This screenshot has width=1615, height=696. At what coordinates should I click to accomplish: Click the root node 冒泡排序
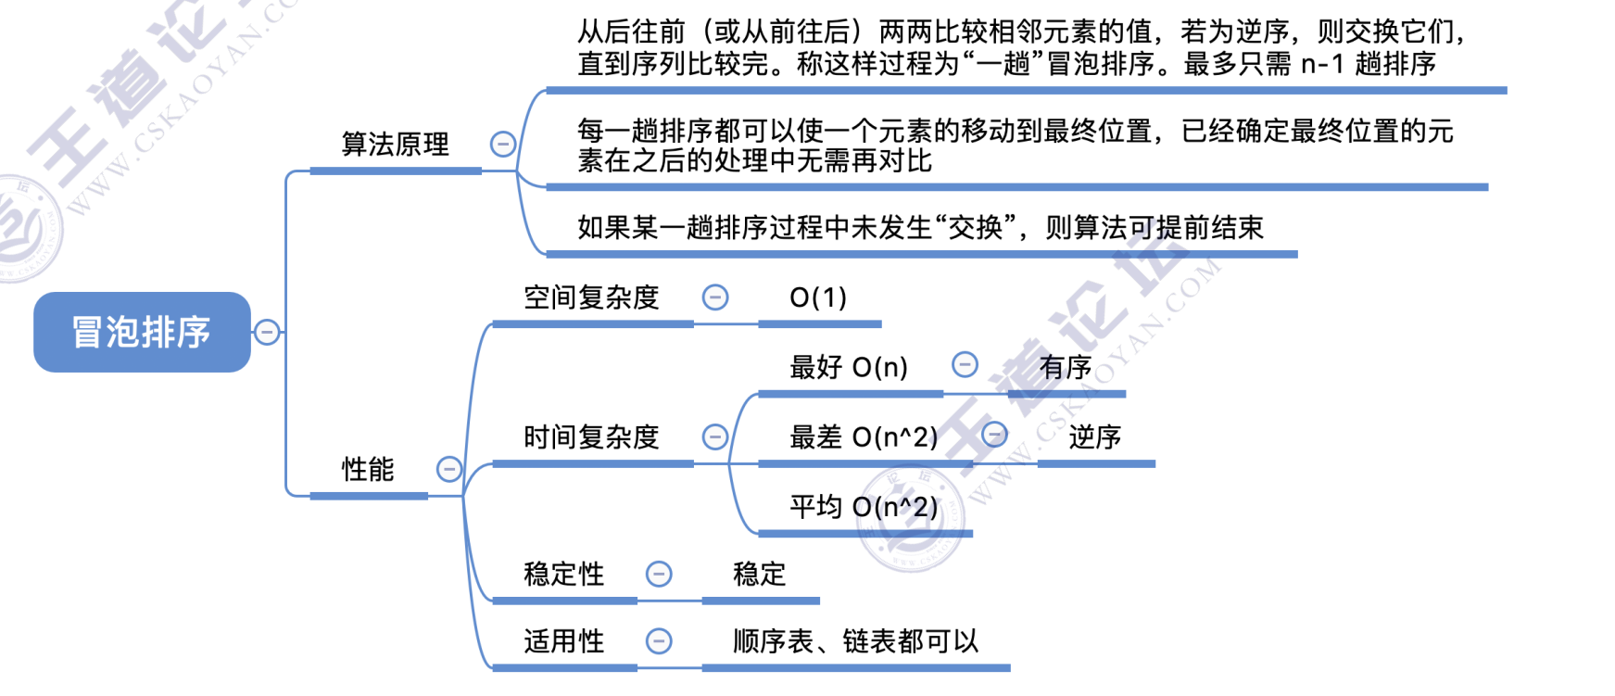click(x=142, y=332)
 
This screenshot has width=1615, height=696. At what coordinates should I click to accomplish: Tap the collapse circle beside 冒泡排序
click(x=267, y=332)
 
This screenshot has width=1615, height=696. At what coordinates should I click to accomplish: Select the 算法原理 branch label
click(x=396, y=145)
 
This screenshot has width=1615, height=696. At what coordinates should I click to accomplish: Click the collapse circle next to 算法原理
click(x=503, y=144)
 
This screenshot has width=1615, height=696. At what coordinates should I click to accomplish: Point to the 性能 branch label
click(x=368, y=470)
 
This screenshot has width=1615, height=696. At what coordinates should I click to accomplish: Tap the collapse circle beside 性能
click(x=449, y=469)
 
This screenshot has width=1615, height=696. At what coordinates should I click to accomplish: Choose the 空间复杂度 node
click(x=591, y=297)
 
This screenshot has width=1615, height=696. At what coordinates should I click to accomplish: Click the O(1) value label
click(x=818, y=297)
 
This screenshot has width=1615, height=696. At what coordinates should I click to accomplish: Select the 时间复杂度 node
click(x=591, y=437)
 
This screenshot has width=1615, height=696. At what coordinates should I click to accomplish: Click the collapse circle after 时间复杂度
click(x=715, y=437)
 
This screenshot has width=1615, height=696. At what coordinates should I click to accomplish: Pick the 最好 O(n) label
click(x=848, y=368)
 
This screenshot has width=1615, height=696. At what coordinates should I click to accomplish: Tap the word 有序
click(x=1066, y=368)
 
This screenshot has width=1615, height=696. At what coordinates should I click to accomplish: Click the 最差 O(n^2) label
click(x=864, y=437)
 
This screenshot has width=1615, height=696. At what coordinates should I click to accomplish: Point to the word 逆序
click(x=1095, y=437)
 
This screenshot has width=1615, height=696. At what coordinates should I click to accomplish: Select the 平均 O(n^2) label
click(x=864, y=507)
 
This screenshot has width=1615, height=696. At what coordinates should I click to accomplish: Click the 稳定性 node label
click(x=563, y=575)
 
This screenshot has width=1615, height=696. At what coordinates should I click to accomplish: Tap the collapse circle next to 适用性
click(x=659, y=641)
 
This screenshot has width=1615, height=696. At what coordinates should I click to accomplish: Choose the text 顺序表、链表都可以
click(x=855, y=641)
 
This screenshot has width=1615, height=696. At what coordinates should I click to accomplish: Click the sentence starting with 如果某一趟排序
click(x=920, y=228)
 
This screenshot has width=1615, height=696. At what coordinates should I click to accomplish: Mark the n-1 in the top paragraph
click(x=1322, y=64)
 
